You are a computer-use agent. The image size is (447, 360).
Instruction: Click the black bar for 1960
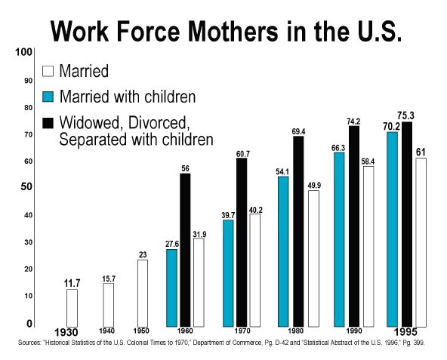coord(185,250)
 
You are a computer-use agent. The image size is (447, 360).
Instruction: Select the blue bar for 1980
coord(283,251)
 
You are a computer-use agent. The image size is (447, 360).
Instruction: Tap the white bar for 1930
coord(72,308)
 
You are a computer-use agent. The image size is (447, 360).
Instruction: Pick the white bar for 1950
coord(143,294)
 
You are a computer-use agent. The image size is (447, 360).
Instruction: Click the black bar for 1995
coord(407,224)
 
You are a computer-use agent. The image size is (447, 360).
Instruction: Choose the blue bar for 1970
coord(228,273)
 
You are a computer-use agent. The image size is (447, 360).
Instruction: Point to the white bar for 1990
coord(368,247)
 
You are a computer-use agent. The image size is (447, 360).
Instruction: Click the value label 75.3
coord(405,115)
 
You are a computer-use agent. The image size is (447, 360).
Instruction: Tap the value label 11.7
coord(72,283)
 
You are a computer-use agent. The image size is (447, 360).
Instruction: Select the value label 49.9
coord(314,186)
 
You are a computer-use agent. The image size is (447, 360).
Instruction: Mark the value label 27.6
coord(172,244)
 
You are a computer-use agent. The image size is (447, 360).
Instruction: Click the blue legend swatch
coord(48,97)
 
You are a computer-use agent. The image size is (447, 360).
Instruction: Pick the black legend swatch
coord(48,123)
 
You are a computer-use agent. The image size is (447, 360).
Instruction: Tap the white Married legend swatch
coord(48,71)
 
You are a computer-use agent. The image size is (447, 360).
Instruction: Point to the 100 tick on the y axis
coord(23,52)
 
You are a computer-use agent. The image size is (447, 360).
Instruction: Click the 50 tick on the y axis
coord(26,187)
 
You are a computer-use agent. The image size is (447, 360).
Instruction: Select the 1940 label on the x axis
coord(107,331)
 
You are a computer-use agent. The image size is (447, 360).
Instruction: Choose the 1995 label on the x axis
coord(405,332)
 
